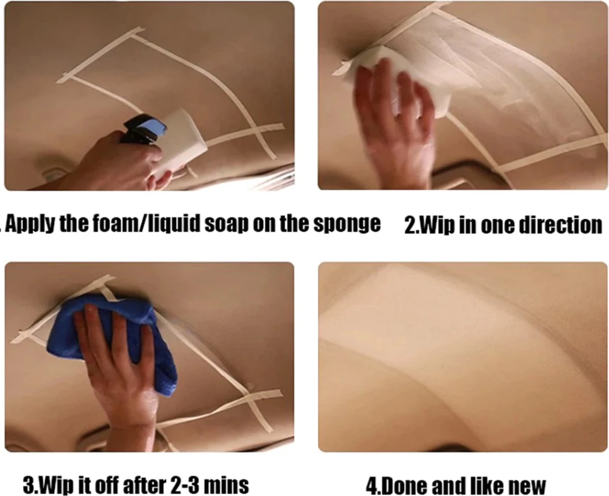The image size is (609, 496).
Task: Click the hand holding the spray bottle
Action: (120, 163)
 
